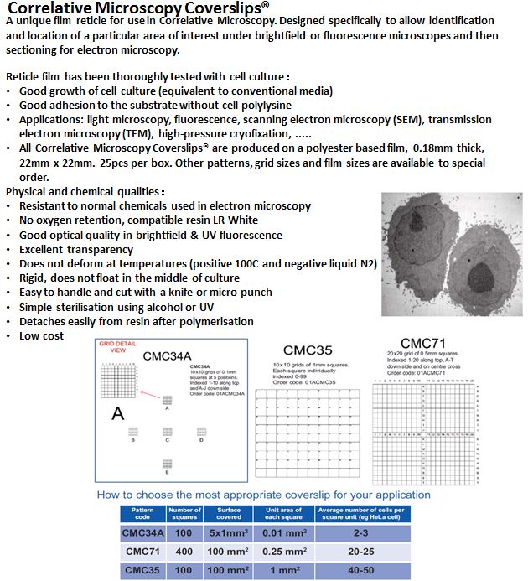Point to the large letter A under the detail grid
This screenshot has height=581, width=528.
coord(119,412)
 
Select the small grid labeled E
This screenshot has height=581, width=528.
coord(168,463)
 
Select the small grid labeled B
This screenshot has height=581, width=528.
coord(132,431)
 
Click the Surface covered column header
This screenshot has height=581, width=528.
coord(229,513)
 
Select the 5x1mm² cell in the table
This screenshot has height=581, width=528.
coord(229,532)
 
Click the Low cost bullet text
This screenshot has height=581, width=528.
coord(41,335)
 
